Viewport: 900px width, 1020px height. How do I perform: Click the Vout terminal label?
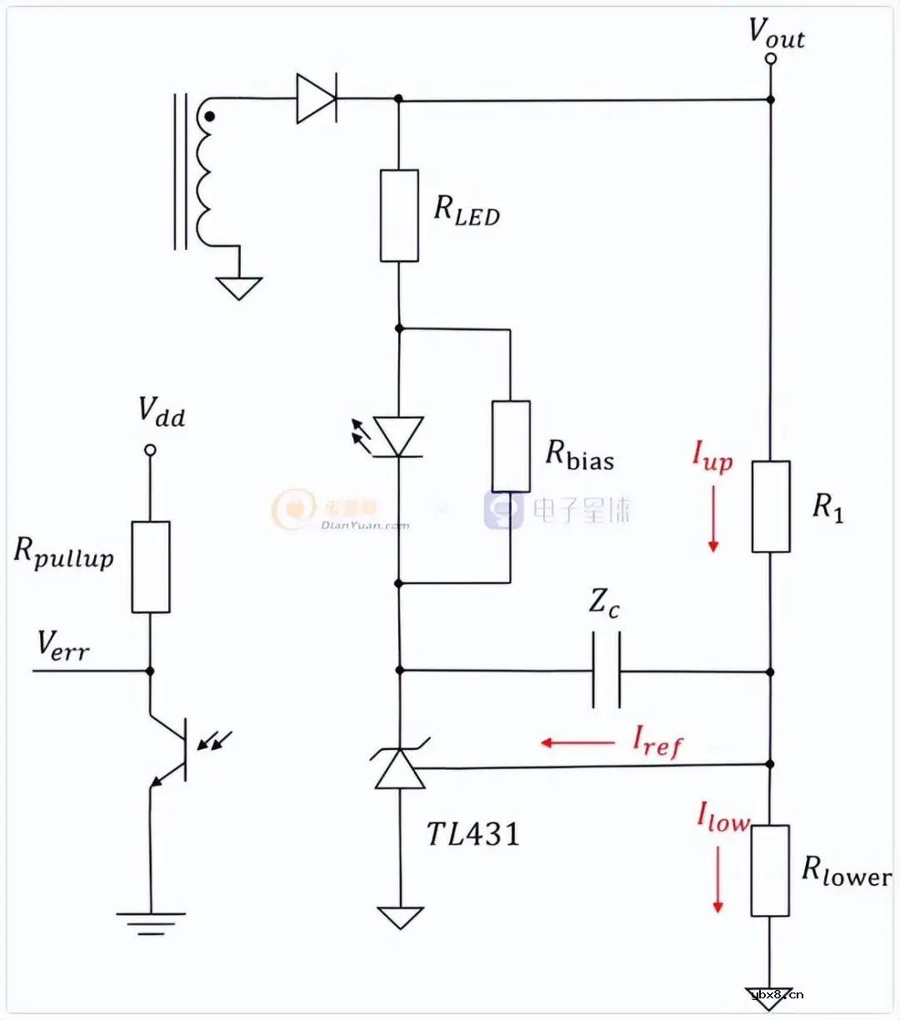pyautogui.click(x=776, y=33)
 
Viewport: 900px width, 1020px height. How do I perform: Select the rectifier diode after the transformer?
pyautogui.click(x=317, y=98)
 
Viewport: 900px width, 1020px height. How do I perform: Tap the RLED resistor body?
pyautogui.click(x=399, y=216)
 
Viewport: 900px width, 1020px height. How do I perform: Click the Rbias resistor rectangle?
pyautogui.click(x=511, y=447)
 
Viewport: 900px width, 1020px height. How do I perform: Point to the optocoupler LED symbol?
pyautogui.click(x=398, y=437)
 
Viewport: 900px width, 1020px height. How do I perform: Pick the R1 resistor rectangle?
pyautogui.click(x=771, y=507)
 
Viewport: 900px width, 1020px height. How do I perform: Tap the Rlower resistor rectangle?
pyautogui.click(x=770, y=871)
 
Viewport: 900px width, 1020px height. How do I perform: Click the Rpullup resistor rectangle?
pyautogui.click(x=151, y=567)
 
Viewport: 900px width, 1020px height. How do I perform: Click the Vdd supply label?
pyautogui.click(x=161, y=412)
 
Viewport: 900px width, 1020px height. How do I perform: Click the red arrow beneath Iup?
pyautogui.click(x=713, y=517)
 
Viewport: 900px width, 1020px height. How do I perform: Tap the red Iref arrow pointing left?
pyautogui.click(x=577, y=742)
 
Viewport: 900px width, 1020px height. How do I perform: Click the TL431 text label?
pyautogui.click(x=472, y=834)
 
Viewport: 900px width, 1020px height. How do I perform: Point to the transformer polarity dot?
pyautogui.click(x=210, y=117)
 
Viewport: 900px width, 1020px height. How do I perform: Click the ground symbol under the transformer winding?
pyautogui.click(x=239, y=287)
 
